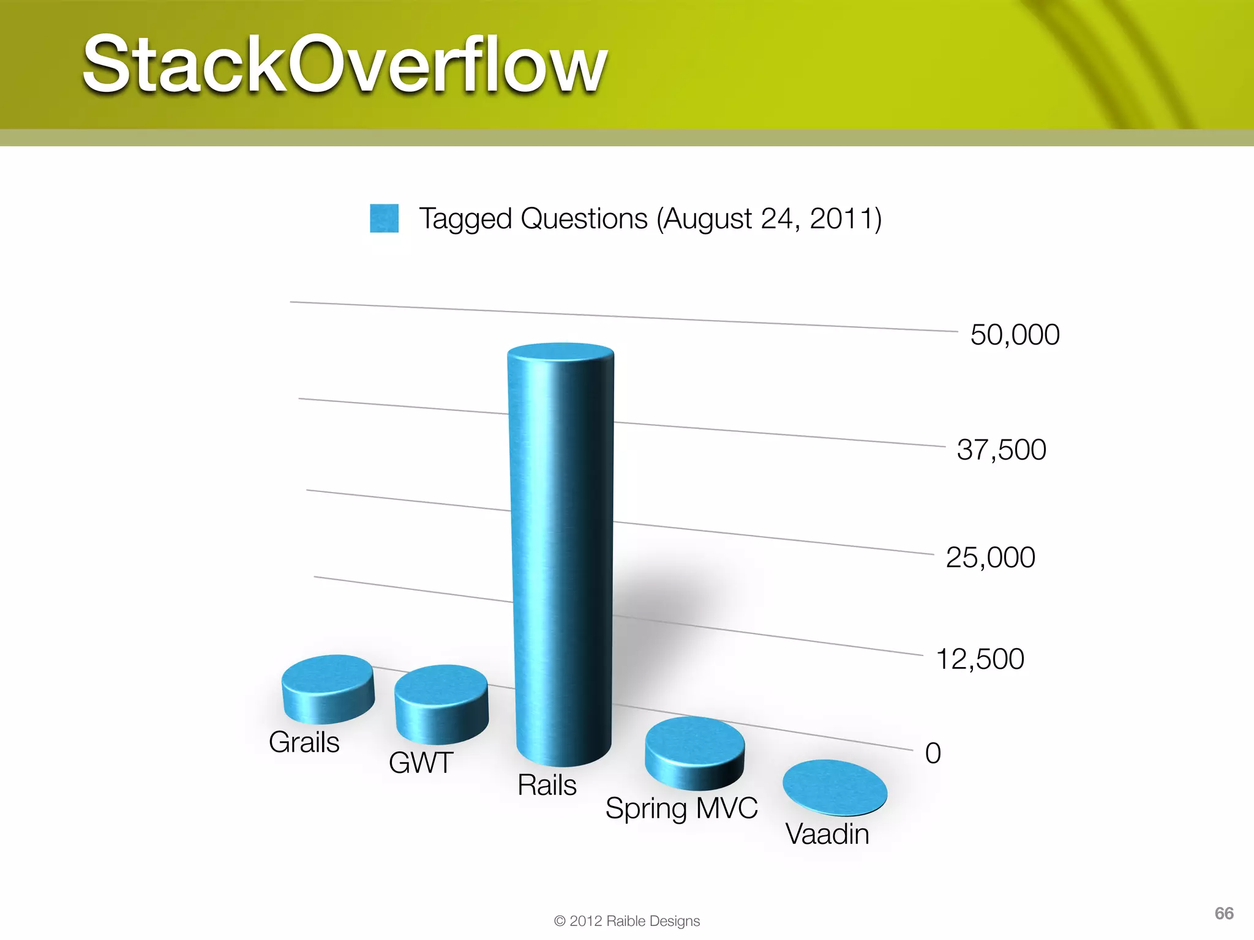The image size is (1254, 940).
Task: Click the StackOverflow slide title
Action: click(345, 64)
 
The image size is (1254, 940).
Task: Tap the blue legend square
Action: click(384, 218)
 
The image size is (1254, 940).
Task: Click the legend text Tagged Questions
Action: click(650, 219)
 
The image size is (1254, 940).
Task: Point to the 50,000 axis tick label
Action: click(1015, 335)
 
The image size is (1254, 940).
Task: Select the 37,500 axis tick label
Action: click(1001, 450)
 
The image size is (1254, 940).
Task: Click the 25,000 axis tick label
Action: click(990, 558)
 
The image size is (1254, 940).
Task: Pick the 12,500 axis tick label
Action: click(980, 659)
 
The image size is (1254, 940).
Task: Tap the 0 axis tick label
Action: click(933, 753)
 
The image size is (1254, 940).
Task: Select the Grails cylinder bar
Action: click(328, 688)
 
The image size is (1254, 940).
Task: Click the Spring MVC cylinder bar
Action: click(694, 753)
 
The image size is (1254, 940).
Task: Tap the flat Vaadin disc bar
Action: click(835, 788)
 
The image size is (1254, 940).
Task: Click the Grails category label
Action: click(304, 742)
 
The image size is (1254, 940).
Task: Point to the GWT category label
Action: click(421, 763)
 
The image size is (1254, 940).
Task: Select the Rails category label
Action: click(547, 785)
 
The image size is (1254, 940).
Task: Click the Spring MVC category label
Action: click(681, 808)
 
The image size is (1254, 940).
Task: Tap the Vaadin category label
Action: click(827, 834)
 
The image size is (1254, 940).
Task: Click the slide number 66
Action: click(1223, 914)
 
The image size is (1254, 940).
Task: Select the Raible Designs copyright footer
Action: click(626, 921)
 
